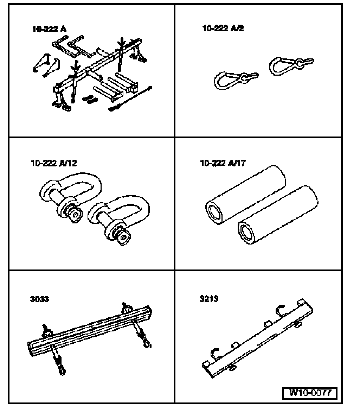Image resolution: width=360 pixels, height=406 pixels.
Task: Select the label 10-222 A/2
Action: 223,28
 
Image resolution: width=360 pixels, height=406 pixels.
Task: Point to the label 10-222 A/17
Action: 223,163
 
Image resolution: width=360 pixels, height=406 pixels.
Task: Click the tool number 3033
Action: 39,299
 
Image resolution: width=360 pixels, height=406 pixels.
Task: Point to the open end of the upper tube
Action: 215,213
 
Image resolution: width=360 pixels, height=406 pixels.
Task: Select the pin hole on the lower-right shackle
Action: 122,238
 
